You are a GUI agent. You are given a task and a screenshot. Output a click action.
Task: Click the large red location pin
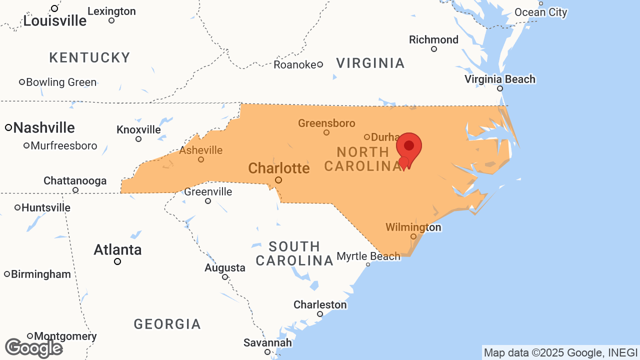409,146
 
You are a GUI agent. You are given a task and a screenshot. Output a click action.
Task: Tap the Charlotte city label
278,168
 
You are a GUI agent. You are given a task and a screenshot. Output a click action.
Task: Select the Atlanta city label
117,249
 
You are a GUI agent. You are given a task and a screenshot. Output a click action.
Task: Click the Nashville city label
44,128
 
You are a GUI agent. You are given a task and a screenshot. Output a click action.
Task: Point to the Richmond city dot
434,49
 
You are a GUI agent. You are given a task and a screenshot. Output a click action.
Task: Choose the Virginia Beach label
499,79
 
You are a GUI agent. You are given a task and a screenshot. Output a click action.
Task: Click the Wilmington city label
413,227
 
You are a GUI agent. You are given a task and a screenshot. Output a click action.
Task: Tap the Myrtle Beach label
368,256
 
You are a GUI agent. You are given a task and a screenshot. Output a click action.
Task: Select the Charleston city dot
320,314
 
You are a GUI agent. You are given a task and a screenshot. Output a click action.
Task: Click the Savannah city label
267,343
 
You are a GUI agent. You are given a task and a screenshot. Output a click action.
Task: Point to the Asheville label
201,150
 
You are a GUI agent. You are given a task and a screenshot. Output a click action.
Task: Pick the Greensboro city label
326,123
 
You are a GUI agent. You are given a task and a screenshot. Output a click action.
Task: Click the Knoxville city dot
138,139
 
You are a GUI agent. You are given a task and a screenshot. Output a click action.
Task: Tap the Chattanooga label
75,180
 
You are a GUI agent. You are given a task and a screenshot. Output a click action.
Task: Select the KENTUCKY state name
90,58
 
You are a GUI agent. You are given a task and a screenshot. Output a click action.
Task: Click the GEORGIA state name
167,324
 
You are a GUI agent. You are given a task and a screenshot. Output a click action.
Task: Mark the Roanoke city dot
320,64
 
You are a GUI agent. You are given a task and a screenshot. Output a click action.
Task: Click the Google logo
33,348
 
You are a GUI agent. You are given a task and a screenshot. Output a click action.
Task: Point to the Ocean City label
541,12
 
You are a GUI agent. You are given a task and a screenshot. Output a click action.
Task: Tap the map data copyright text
560,353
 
